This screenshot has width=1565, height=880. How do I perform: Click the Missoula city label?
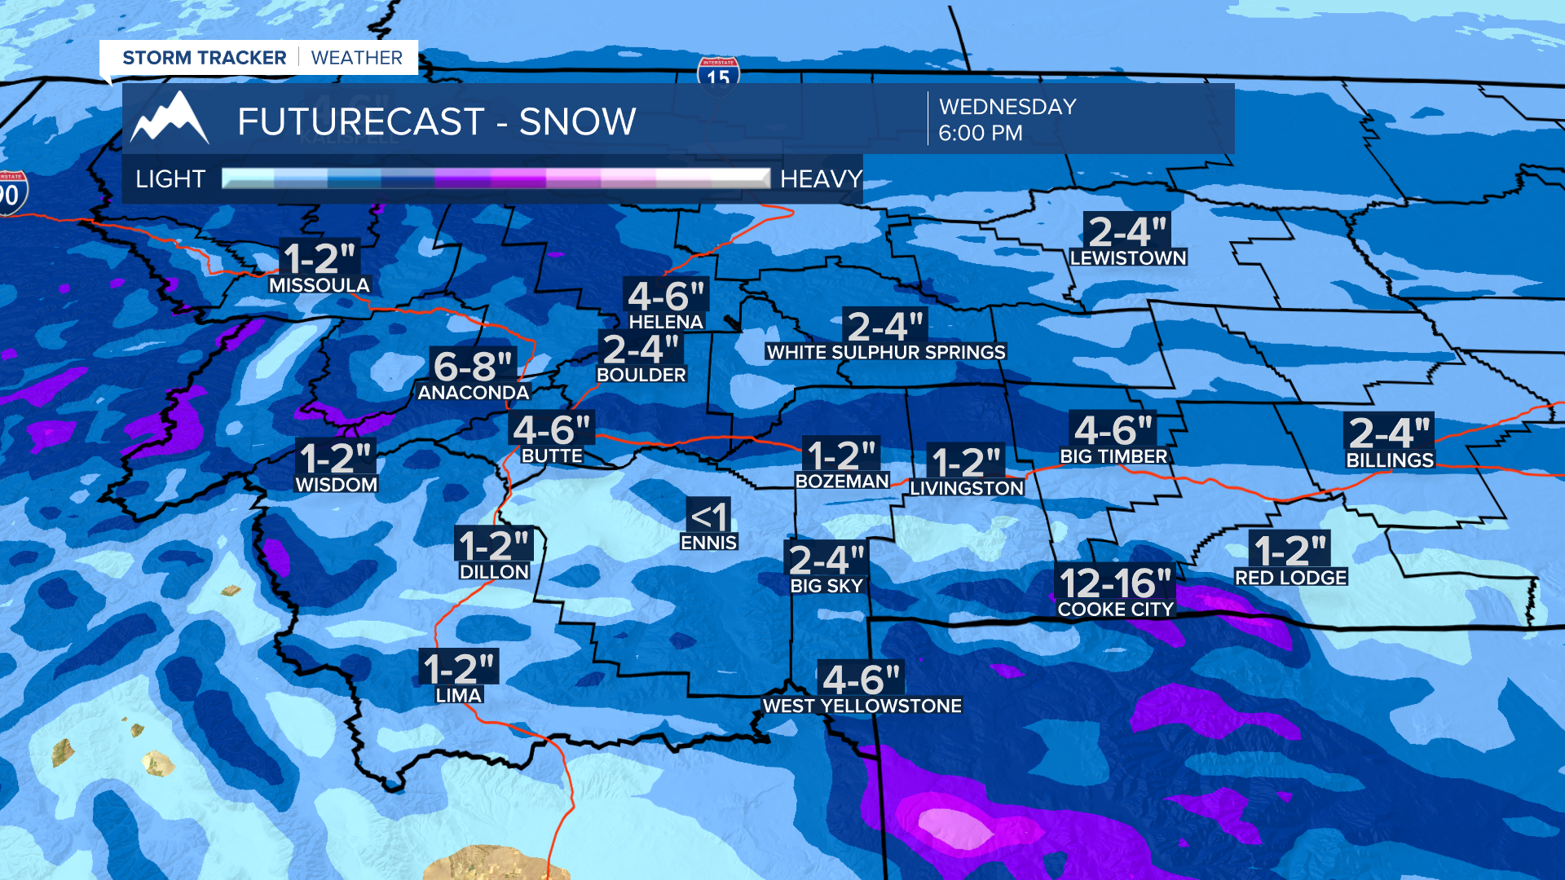(x=320, y=285)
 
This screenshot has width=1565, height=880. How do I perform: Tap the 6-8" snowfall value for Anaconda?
(x=473, y=366)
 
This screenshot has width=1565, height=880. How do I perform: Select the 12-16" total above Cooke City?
(x=1114, y=583)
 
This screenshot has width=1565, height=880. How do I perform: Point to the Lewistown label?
(x=1128, y=258)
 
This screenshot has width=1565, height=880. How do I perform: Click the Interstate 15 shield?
(x=718, y=74)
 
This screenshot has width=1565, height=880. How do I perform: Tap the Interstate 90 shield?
(x=11, y=193)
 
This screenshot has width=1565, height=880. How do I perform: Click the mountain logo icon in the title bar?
(x=170, y=119)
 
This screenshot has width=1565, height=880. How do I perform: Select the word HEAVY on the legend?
(x=820, y=179)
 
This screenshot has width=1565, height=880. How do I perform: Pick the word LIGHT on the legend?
(x=170, y=179)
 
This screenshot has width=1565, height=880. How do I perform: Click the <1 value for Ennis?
(x=708, y=517)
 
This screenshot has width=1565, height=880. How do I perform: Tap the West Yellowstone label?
(x=862, y=706)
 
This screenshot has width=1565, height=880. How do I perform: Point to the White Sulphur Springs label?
(x=886, y=352)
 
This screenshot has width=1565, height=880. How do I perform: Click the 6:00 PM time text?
(x=980, y=133)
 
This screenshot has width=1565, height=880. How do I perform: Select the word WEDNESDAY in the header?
(x=1007, y=107)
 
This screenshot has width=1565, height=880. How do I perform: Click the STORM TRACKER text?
(x=204, y=58)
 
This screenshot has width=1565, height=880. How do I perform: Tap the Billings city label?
(x=1389, y=460)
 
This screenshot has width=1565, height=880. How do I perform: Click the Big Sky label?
(x=826, y=586)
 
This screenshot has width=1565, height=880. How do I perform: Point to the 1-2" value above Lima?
(x=459, y=669)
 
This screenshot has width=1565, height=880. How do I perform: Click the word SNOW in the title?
(x=577, y=122)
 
